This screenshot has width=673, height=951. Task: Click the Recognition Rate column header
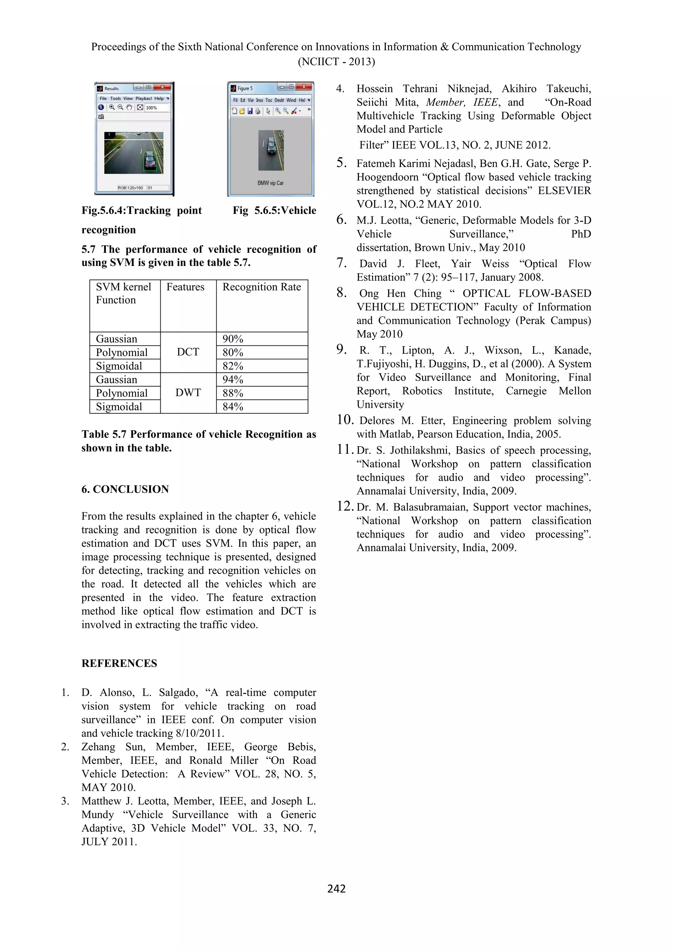(262, 287)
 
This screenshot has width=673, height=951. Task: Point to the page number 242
(336, 889)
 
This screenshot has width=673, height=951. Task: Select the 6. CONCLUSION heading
(125, 489)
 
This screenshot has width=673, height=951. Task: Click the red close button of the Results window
(162, 87)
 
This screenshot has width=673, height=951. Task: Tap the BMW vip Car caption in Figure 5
(270, 183)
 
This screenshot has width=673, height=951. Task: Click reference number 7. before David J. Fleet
(341, 263)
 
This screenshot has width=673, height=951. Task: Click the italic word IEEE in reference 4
(486, 102)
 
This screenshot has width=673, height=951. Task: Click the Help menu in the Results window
(159, 99)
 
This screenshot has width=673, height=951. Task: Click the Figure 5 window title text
(244, 88)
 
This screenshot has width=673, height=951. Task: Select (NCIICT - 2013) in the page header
(336, 62)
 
